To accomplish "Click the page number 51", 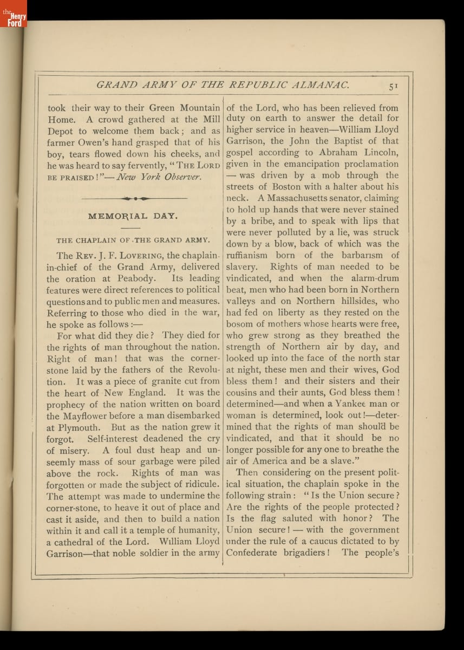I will pos(393,85).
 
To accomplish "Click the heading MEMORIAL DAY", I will pos(133,216).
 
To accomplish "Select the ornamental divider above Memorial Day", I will pos(133,198).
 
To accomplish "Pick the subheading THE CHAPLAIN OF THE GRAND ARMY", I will pos(133,240).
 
